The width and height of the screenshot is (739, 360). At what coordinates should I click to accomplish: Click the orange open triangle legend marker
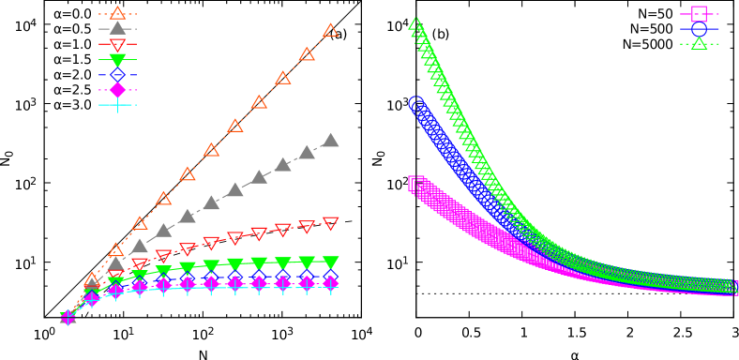click(117, 13)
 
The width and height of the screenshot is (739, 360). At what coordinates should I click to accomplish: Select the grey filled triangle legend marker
click(117, 28)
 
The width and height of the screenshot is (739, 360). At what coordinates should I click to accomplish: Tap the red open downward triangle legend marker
click(117, 44)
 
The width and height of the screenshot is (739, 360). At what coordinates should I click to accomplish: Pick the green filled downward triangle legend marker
click(117, 60)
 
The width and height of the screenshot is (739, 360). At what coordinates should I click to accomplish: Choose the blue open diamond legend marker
click(117, 74)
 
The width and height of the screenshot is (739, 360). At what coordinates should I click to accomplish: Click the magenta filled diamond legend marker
click(117, 90)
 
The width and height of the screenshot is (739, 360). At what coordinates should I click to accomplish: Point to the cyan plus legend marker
click(117, 105)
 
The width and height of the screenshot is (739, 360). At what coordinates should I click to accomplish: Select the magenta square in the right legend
click(699, 14)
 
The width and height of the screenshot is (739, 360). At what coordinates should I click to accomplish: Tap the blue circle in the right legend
click(699, 29)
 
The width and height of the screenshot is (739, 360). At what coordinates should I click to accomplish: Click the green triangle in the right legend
click(699, 43)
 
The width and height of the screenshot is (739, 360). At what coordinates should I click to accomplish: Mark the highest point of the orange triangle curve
click(330, 30)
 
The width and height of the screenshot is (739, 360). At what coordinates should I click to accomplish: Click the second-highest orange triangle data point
click(307, 54)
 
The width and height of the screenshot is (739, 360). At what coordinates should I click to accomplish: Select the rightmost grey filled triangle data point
click(330, 140)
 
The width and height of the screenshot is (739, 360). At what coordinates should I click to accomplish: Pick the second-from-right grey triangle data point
click(307, 152)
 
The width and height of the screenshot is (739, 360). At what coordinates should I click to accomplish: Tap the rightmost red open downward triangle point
click(330, 223)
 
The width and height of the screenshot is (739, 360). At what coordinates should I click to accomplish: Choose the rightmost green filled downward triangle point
click(330, 262)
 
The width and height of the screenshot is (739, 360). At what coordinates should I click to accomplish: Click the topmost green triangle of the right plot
click(415, 23)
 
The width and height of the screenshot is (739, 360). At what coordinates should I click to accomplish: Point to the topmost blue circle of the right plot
click(416, 103)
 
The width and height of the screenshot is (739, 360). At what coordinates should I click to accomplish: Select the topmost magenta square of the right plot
click(415, 183)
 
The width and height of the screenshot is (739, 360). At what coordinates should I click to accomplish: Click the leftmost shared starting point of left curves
click(68, 317)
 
